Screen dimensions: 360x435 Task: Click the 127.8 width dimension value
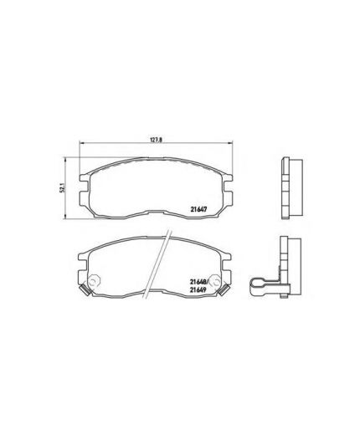click(157, 140)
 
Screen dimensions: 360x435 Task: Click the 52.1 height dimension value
click(63, 187)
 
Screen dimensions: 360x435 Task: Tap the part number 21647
click(198, 209)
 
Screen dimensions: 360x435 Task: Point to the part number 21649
click(198, 290)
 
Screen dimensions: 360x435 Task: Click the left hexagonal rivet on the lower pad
click(94, 281)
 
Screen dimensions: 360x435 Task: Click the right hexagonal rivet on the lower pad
click(215, 281)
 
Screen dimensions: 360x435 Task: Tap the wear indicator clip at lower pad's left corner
click(85, 290)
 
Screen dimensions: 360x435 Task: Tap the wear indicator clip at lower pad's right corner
click(224, 290)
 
